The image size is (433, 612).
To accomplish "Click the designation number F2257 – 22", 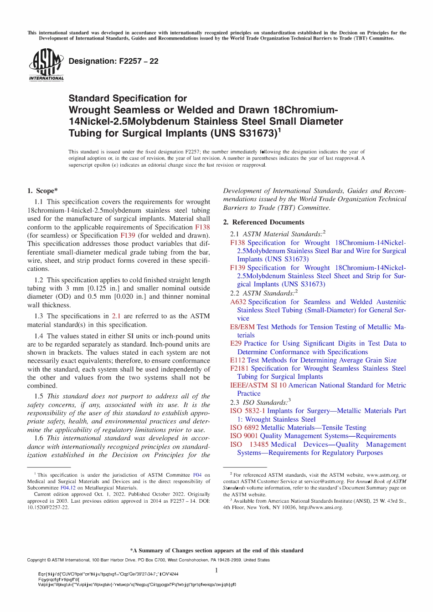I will (x=113, y=61).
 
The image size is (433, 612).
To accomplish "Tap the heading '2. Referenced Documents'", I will (x=263, y=222).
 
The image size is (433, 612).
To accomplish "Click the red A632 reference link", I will (x=238, y=302).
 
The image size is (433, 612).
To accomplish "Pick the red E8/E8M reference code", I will (x=242, y=327).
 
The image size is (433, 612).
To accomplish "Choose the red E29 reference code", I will (x=236, y=343).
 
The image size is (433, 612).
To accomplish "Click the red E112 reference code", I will (x=237, y=360).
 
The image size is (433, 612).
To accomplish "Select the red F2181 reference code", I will (x=239, y=368).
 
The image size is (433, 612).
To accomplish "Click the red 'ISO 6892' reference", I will (x=244, y=428).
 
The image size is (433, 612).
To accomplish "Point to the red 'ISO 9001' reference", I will (x=244, y=436).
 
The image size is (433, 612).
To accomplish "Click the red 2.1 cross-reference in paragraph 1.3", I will (x=116, y=316).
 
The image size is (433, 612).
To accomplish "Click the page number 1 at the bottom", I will (x=216, y=570).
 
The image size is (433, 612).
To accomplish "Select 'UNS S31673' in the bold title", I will (x=243, y=133).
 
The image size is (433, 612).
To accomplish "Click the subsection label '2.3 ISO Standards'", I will (x=260, y=403).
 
